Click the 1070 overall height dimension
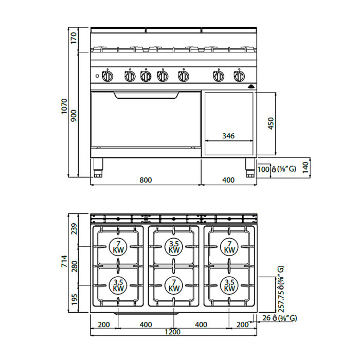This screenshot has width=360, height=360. pos(64,106)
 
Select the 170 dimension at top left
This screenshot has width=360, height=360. pos(74,38)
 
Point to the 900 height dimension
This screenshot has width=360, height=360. pos(74,116)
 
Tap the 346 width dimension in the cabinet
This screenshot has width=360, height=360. pos(228,136)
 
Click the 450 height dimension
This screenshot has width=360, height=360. pos(271,123)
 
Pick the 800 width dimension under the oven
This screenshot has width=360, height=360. pos(146,180)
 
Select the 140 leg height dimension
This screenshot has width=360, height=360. pos(305,168)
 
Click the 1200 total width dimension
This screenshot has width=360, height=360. pos(173,332)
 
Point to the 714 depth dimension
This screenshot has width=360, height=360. pos(64,261)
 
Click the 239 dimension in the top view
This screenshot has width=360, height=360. pos(74,229)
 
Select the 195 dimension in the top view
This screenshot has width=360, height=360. pos(74,300)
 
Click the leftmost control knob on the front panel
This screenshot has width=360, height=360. pos(107,76)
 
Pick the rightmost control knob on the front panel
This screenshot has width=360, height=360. pos(239,76)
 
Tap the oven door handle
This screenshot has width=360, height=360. pos(146,95)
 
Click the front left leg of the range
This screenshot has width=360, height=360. pos(98,168)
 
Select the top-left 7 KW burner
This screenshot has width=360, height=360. pos(118,247)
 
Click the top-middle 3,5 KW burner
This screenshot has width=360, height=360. pos(174,247)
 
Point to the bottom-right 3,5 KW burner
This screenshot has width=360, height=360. pos(229,285)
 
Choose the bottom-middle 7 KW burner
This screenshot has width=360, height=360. pos(174,285)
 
